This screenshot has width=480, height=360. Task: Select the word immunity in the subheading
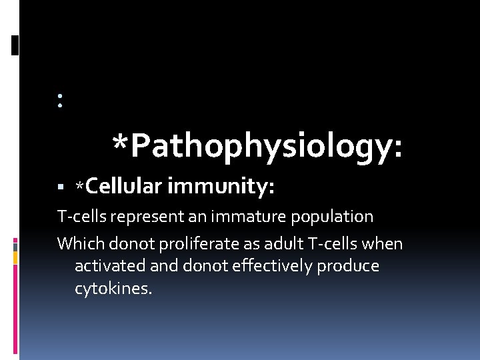click(221, 187)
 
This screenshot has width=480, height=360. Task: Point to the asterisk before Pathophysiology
click(120, 143)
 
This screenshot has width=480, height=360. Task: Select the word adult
click(268, 243)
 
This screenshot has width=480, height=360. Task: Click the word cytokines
click(113, 289)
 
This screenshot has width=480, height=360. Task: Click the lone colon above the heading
click(60, 101)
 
